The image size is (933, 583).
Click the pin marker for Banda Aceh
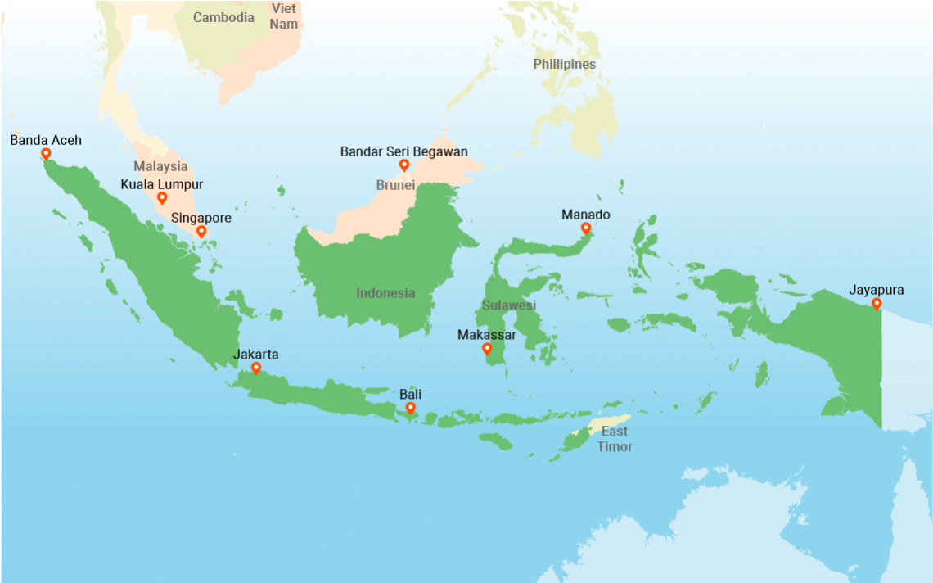46,153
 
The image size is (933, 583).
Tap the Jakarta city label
256,355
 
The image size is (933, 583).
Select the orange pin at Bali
410,407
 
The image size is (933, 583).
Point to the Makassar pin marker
487,349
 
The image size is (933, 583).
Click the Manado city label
585,215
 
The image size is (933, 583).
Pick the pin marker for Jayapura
877,304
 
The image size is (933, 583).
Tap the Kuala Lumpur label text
162,184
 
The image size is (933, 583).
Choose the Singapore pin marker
201,232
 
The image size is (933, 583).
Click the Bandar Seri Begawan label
403,151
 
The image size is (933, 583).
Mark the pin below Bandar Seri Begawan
403,165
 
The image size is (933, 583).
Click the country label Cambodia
223,17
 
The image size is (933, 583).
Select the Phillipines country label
564,64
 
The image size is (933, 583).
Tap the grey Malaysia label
160,166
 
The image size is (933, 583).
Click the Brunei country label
395,185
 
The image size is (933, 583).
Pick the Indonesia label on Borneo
385,293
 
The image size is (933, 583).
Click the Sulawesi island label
508,305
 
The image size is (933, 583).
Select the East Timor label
614,439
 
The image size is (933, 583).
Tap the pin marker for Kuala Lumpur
162,198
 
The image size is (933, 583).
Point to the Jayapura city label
877,290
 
